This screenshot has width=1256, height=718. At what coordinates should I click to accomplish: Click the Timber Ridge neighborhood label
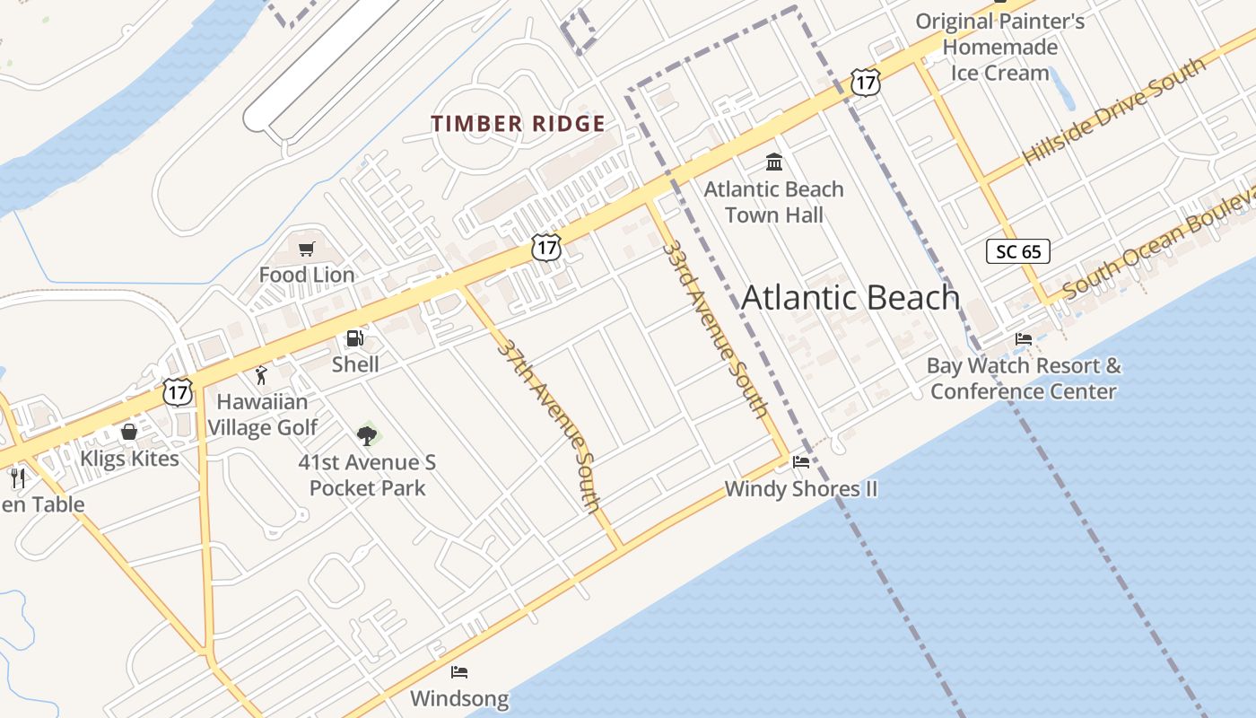point(518,124)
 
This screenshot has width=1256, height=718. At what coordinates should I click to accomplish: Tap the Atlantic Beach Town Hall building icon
point(773,162)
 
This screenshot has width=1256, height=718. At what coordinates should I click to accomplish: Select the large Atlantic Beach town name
point(850,298)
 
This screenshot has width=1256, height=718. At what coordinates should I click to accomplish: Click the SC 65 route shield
point(1018,251)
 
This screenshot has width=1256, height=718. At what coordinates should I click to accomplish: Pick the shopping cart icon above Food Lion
point(307,249)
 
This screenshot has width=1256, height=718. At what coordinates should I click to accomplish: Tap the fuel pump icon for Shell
point(355,338)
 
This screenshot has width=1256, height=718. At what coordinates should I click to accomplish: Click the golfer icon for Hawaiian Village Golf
point(261,375)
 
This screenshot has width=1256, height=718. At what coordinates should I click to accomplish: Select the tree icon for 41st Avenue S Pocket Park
point(366,436)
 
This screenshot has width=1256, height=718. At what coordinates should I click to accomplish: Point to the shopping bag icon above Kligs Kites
point(129,433)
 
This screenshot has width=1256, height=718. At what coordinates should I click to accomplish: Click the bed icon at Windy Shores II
point(801,462)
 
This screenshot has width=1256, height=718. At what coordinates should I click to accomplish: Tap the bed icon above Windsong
point(459,671)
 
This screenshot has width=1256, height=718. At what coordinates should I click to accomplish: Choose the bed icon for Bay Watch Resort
point(1023,339)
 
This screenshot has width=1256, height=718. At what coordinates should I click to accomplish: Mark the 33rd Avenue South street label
point(716,328)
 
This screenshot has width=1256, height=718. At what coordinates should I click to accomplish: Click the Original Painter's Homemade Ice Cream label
point(999,47)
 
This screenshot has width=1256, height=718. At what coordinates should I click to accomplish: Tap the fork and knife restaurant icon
point(17,477)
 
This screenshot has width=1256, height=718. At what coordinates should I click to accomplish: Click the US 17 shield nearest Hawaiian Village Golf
point(178,391)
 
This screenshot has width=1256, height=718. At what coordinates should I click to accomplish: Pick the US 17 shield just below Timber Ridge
point(545,247)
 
